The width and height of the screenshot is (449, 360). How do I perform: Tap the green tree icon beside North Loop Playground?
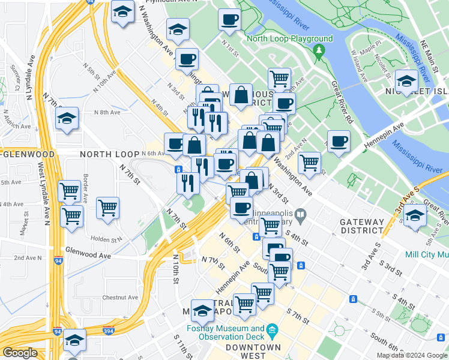(322, 39)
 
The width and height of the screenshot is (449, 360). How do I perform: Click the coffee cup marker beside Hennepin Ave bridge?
(339, 142)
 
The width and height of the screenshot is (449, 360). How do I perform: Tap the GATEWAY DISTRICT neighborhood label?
(361, 226)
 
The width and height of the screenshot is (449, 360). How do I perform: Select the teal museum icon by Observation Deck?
(272, 329)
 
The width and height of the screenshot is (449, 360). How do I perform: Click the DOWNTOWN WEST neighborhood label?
(253, 351)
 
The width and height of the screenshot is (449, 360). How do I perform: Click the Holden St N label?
(106, 239)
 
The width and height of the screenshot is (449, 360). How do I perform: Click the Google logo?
(20, 353)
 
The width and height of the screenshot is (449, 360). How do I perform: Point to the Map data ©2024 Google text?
(411, 355)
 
